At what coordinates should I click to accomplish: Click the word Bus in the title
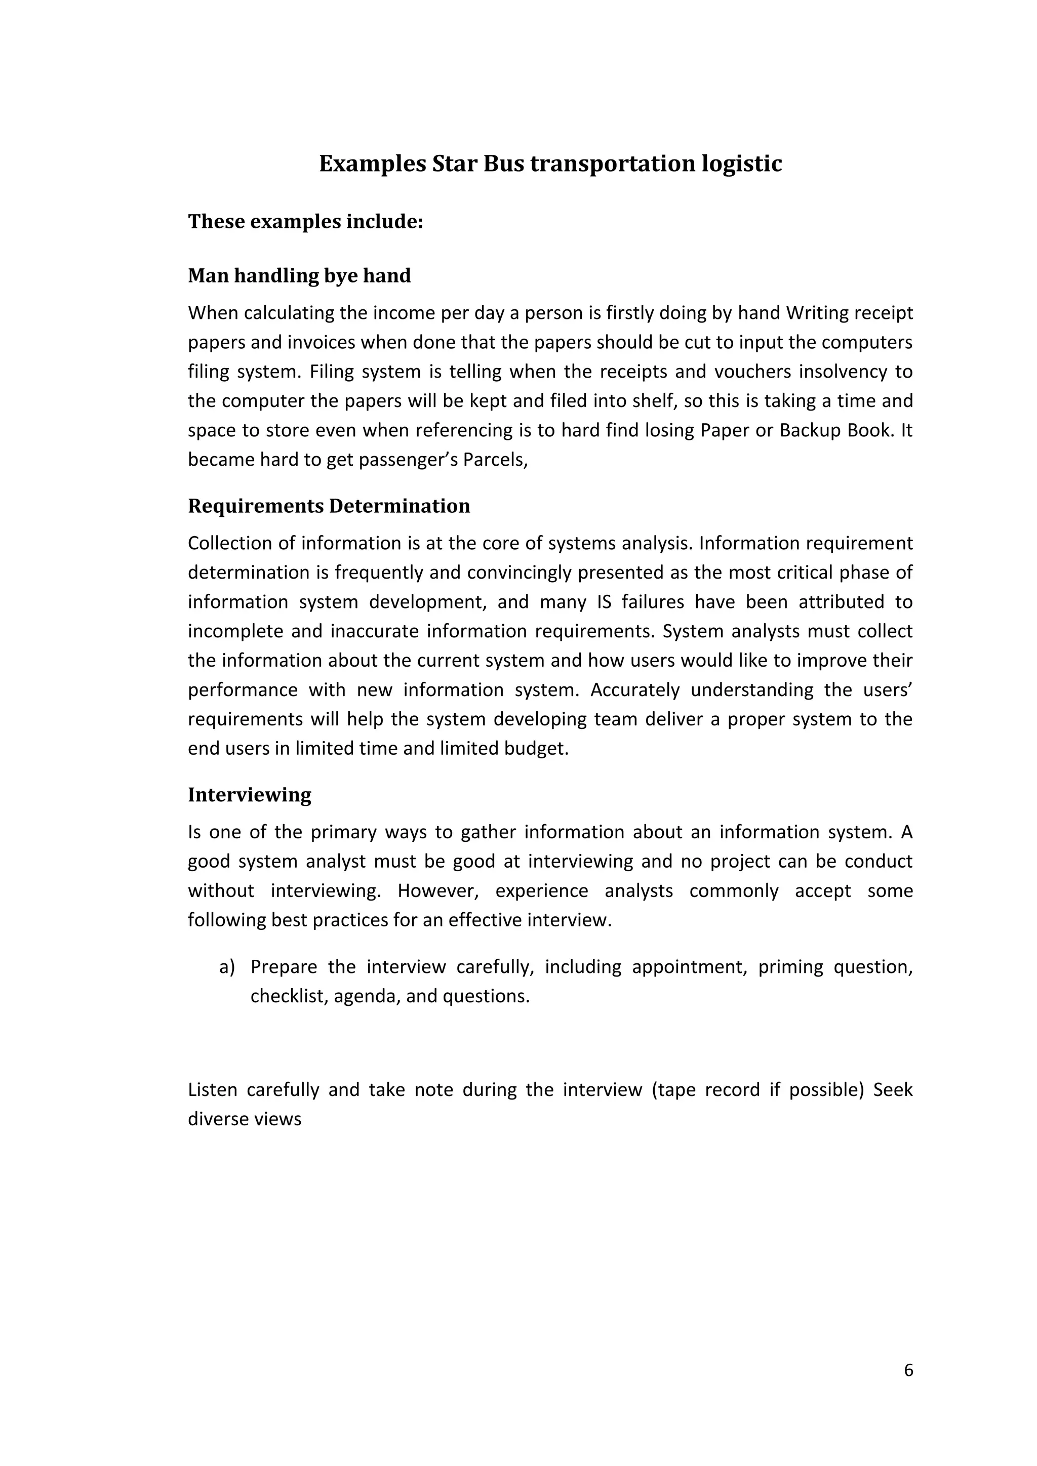click(x=504, y=164)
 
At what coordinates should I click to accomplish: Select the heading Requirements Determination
click(x=329, y=506)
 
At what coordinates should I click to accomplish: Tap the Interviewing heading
click(x=249, y=794)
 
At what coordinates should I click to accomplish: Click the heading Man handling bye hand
click(x=299, y=276)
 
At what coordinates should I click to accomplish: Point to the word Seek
click(x=893, y=1089)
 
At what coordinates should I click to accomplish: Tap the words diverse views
click(x=244, y=1119)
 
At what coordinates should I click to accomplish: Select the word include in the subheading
click(x=383, y=222)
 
